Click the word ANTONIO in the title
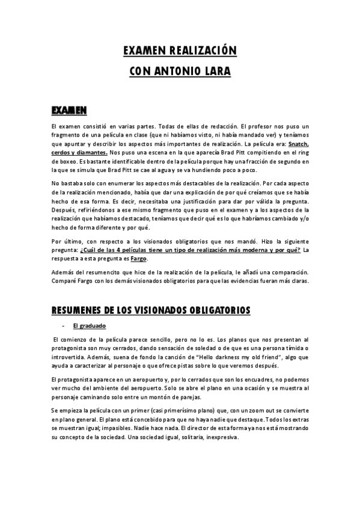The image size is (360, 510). [177, 71]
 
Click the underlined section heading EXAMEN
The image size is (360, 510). [69, 110]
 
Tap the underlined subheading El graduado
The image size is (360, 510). [89, 325]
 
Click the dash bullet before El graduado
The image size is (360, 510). [63, 325]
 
